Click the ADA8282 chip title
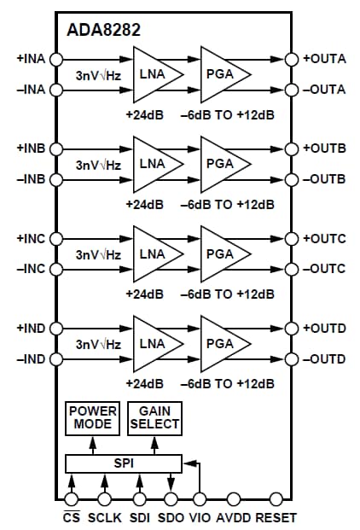pyautogui.click(x=104, y=30)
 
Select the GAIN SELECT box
pyautogui.click(x=154, y=417)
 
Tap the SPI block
pyautogui.click(x=124, y=463)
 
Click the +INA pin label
pyautogui.click(x=31, y=59)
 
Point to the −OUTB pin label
pyautogui.click(x=326, y=179)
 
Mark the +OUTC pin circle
pyautogui.click(x=291, y=239)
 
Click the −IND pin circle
pyautogui.click(x=57, y=358)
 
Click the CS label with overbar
pyautogui.click(x=72, y=517)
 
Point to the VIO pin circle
pyautogui.click(x=200, y=498)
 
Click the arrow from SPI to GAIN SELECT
pyautogui.click(x=154, y=444)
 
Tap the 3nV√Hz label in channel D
pyautogui.click(x=98, y=344)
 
